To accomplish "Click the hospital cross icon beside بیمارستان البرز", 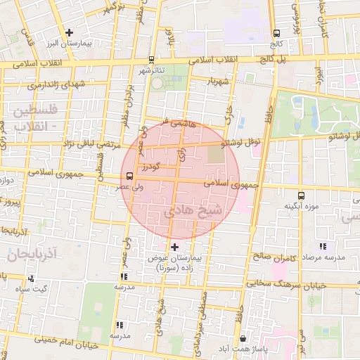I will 69,32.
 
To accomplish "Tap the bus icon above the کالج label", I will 276,32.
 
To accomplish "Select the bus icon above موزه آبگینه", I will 301,195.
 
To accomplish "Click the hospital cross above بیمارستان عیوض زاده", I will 174,247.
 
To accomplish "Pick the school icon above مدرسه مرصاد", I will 322,247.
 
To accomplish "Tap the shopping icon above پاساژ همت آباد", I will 243,339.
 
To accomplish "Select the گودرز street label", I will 150,167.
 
